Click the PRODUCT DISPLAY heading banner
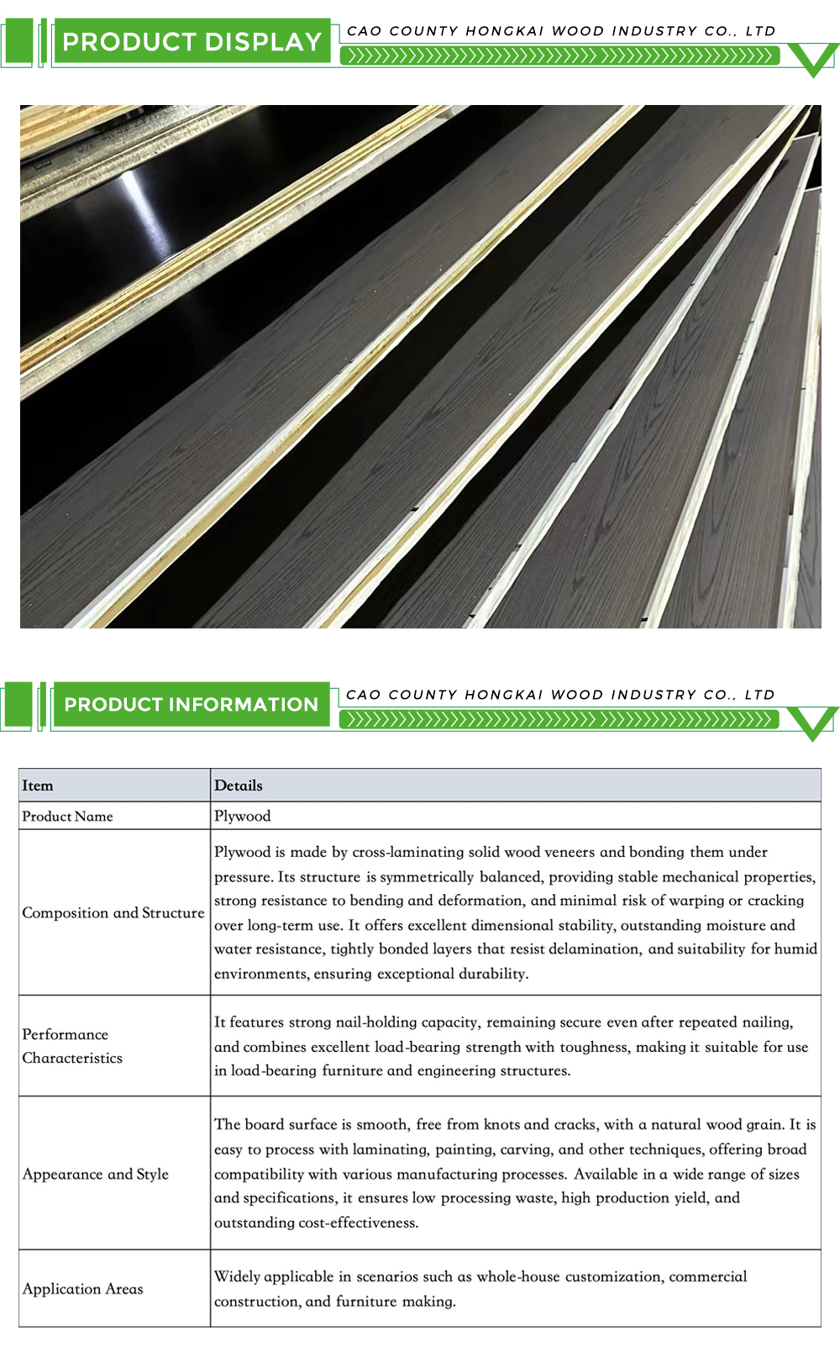[x=192, y=42]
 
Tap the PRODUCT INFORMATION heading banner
[x=191, y=705]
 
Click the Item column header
[x=38, y=786]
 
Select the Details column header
[x=239, y=786]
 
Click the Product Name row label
[x=67, y=817]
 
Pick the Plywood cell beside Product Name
[x=243, y=817]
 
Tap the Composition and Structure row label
[x=113, y=913]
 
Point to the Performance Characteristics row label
[x=72, y=1046]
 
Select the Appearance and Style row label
[x=96, y=1175]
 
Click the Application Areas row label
[x=83, y=1289]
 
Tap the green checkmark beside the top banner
[x=814, y=59]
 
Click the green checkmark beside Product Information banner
[x=813, y=723]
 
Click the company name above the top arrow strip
[x=561, y=31]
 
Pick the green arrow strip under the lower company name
[x=559, y=720]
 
